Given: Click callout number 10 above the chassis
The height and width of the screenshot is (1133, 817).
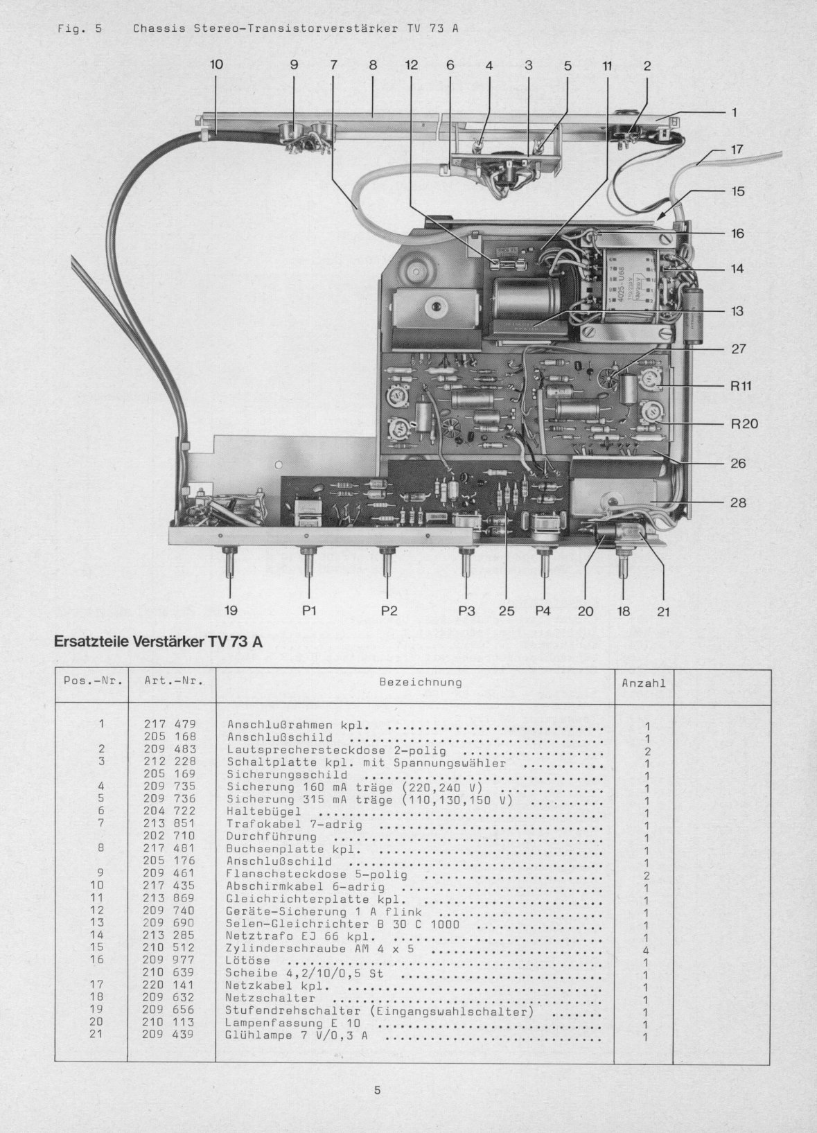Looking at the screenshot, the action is pos(216,64).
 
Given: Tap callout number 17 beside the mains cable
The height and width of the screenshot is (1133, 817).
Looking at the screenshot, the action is pos(737,149).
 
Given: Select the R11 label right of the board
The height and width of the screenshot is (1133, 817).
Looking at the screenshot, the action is pos(741,387).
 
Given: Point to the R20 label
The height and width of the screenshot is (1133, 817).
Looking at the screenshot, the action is pos(744,424).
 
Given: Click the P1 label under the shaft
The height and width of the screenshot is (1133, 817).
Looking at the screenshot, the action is pos(309,611).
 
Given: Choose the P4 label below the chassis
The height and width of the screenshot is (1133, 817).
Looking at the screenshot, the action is pos(543,611).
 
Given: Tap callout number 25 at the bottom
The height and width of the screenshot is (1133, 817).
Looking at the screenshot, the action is pos(507,611).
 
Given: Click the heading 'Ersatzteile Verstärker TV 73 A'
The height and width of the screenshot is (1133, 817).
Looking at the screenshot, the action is pos(158,642).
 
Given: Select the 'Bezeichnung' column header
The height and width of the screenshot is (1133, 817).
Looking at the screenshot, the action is pos(421,683).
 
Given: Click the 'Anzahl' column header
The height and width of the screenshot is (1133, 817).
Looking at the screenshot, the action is pos(644,683).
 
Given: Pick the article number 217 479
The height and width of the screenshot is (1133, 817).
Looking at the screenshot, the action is pos(170,724).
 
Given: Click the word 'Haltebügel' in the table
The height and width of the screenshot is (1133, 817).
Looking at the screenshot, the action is pos(263,811).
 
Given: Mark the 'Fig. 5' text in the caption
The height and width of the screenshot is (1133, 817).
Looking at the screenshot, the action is pos(80,29).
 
